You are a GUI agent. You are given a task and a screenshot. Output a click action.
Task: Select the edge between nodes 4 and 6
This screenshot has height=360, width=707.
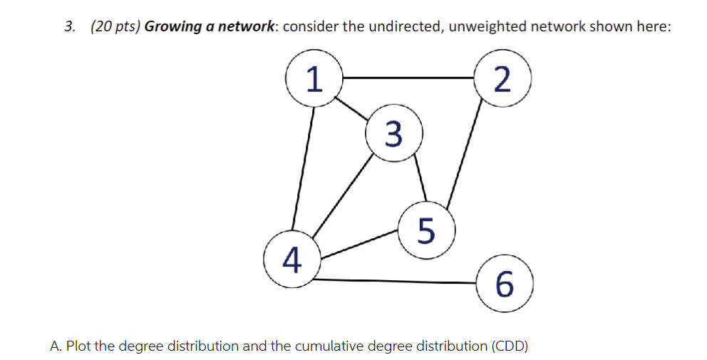(396, 281)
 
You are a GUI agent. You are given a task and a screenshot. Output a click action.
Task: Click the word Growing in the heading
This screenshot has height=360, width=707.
(173, 27)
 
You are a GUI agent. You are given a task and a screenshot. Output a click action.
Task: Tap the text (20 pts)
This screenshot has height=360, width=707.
(115, 27)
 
